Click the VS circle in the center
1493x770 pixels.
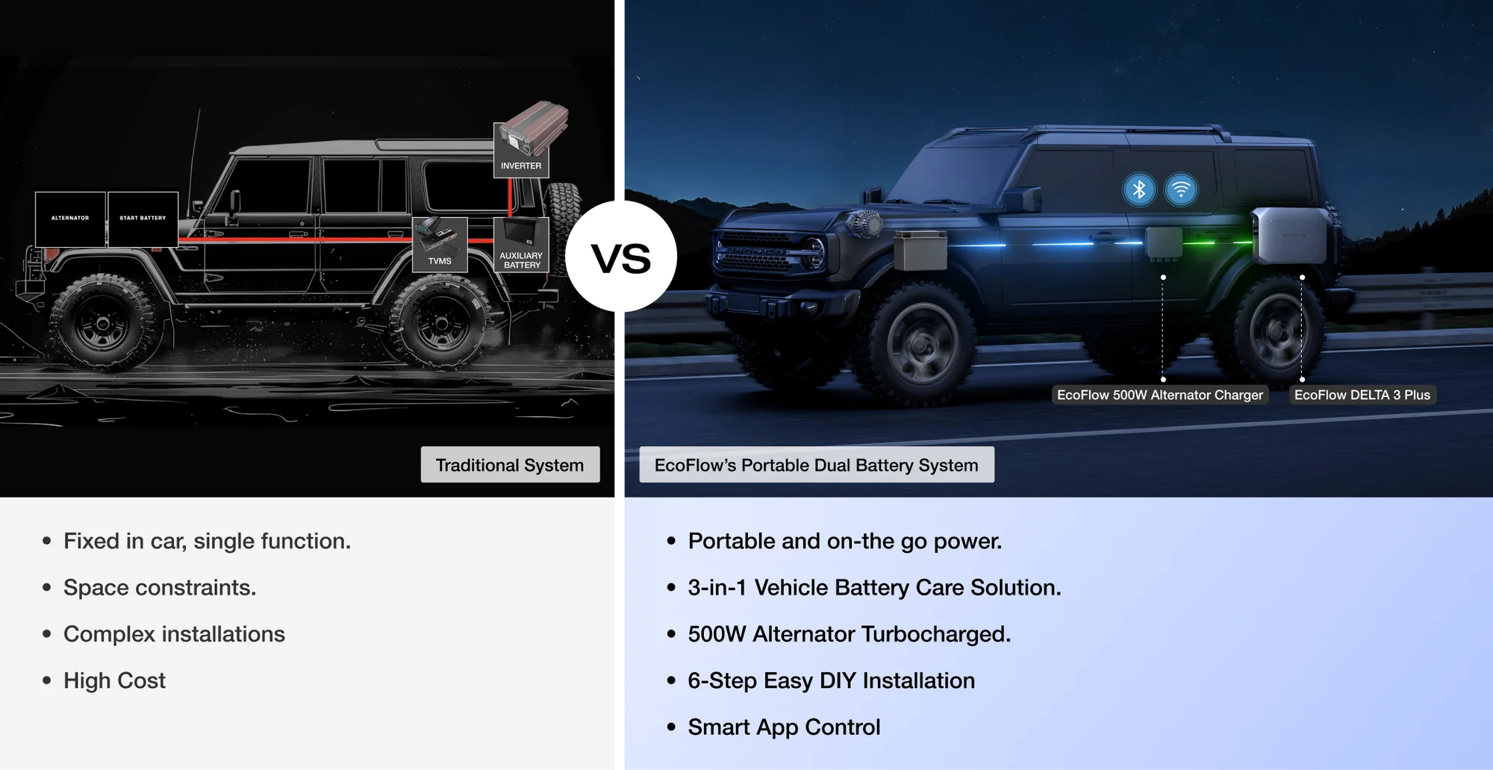click(x=621, y=256)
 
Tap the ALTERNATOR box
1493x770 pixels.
click(x=70, y=219)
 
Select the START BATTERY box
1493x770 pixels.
click(x=143, y=219)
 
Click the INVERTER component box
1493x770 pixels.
click(x=521, y=149)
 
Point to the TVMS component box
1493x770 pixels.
click(x=440, y=245)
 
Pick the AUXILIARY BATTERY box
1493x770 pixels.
click(x=521, y=245)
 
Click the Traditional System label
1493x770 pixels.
click(x=510, y=465)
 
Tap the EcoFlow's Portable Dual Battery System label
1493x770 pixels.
click(x=817, y=465)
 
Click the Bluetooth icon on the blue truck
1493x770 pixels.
click(x=1139, y=190)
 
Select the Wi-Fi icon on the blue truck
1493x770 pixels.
click(x=1181, y=190)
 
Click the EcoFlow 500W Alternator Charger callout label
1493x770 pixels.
click(x=1160, y=395)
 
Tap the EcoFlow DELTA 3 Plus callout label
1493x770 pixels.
click(x=1362, y=395)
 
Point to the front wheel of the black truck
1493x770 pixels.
click(x=103, y=324)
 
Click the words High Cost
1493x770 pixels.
click(x=114, y=680)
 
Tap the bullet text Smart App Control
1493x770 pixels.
click(x=784, y=727)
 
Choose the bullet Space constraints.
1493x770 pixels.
click(x=160, y=587)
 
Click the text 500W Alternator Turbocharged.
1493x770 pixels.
click(x=850, y=634)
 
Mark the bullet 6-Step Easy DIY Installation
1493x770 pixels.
click(x=832, y=680)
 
